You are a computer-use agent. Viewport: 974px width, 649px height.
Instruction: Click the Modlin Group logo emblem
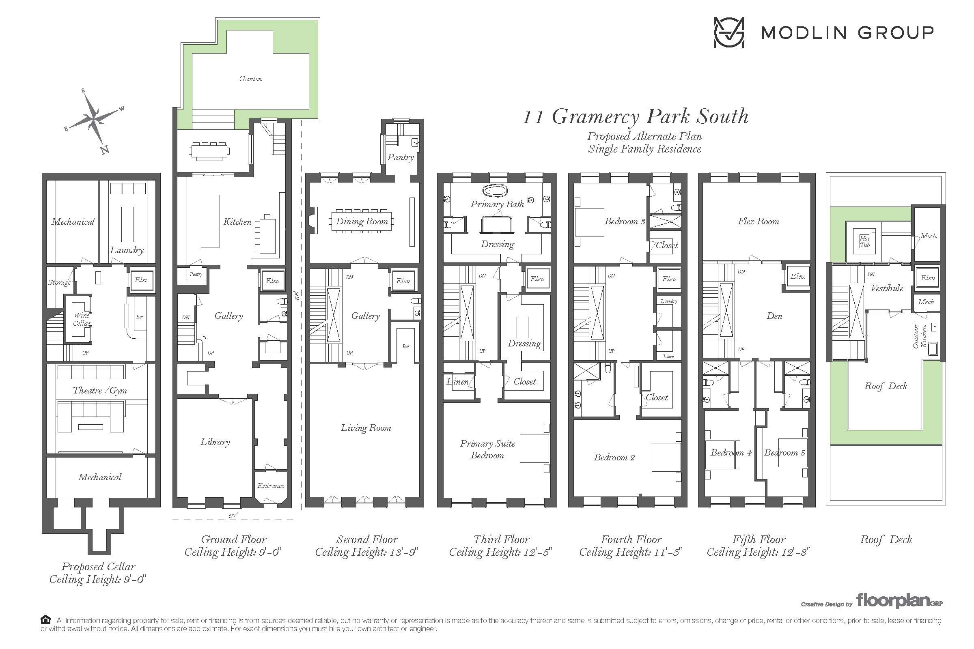[729, 32]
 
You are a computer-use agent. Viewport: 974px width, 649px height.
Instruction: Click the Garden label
[250, 79]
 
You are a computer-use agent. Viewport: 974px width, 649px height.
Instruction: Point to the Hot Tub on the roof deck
[864, 241]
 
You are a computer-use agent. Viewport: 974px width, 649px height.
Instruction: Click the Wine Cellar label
[82, 319]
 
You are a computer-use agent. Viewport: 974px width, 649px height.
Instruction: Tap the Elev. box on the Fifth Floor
[797, 277]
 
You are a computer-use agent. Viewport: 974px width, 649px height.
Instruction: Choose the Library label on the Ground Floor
[215, 442]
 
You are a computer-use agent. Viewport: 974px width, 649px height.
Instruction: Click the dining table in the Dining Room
[362, 221]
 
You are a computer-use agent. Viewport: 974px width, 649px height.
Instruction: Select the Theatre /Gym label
[100, 390]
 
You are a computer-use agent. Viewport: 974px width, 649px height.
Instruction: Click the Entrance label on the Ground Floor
[271, 486]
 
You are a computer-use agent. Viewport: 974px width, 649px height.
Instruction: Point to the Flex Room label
[758, 221]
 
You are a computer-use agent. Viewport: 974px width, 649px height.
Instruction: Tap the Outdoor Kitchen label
[920, 336]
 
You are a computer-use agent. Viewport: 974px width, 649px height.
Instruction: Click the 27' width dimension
[233, 516]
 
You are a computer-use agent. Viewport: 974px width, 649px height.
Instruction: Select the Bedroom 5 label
[785, 452]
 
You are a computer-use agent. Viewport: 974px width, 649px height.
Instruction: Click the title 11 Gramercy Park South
[636, 116]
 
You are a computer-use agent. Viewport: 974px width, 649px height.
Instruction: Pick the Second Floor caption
[367, 539]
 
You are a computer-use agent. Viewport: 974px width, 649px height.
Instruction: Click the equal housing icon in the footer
[45, 620]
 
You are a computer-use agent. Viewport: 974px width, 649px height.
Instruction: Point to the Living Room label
[366, 428]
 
